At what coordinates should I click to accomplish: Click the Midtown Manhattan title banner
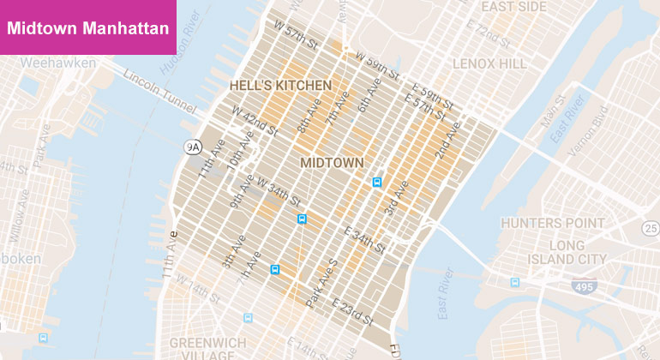[x=88, y=27]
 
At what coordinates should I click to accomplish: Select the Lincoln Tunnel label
[x=159, y=89]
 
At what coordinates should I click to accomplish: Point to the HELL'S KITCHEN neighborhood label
[x=279, y=86]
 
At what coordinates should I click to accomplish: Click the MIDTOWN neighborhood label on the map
[x=332, y=162]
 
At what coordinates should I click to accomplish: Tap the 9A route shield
[x=193, y=147]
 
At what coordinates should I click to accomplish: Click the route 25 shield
[x=650, y=227]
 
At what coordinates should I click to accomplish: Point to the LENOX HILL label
[x=489, y=63]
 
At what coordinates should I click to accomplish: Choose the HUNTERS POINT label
[x=553, y=224]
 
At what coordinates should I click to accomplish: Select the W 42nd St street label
[x=255, y=122]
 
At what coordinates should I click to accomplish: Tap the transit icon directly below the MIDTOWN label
[x=376, y=183]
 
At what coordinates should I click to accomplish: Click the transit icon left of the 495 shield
[x=515, y=282]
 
